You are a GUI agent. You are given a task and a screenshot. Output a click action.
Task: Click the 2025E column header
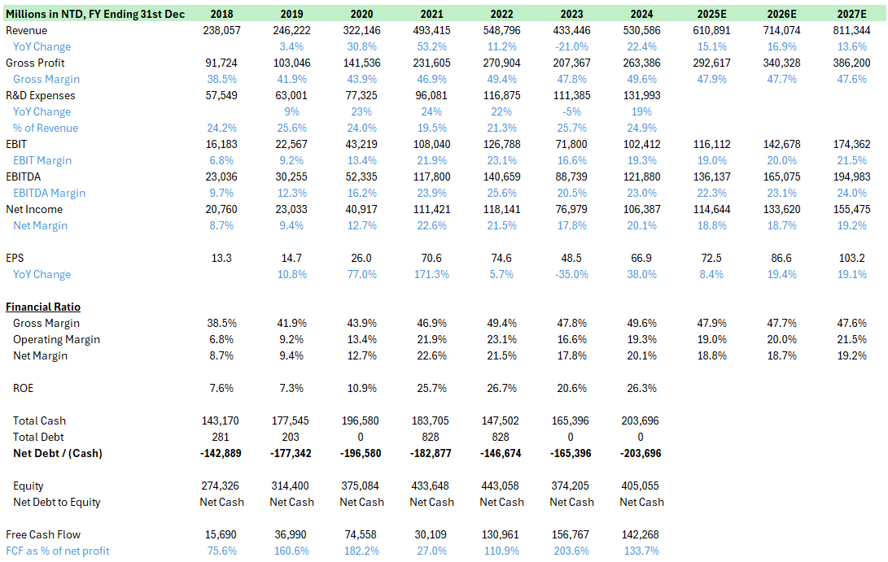coord(711,14)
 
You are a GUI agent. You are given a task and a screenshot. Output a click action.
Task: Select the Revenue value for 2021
coord(431,31)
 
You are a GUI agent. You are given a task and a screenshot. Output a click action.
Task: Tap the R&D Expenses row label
coord(40,96)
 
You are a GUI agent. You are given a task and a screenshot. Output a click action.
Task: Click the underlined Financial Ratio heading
coord(43,307)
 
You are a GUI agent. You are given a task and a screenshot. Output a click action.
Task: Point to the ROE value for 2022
coord(501,388)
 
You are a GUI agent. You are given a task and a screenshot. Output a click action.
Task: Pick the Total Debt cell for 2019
coord(291,437)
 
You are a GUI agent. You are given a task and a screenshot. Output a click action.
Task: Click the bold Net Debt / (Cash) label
coord(58,453)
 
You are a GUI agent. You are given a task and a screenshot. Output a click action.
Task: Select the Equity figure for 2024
coord(641,486)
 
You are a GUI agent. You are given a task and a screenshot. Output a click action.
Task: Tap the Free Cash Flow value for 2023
coord(571,534)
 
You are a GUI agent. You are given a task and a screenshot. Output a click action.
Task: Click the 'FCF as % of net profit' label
coord(57,551)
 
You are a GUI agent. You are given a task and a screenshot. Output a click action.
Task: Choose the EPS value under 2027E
coord(851,258)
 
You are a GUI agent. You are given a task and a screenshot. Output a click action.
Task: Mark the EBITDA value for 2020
coord(361,176)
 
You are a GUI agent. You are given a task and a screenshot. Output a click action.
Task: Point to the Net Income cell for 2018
coord(221,209)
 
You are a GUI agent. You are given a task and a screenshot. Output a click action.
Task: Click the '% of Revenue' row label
coord(46,128)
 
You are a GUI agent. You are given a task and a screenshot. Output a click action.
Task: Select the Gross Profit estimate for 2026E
coord(781,63)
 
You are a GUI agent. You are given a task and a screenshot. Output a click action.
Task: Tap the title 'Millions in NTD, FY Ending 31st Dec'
coord(95,14)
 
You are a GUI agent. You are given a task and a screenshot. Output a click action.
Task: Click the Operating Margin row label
coord(57,340)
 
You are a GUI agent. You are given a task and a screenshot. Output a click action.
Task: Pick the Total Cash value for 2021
coord(431,420)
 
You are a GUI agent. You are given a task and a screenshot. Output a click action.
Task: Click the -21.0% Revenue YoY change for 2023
coord(571,46)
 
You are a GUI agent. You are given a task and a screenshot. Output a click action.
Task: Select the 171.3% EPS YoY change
coord(431,274)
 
